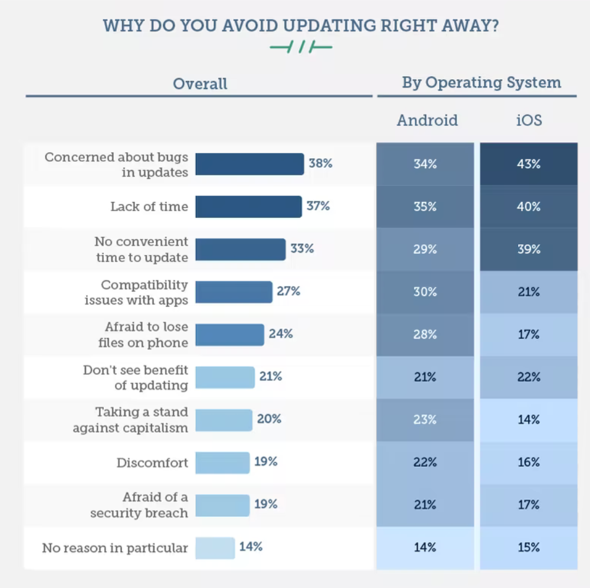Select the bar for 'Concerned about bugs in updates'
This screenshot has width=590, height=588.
point(250,164)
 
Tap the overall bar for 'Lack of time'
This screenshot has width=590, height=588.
point(248,207)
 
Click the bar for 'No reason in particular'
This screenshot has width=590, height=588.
point(215,547)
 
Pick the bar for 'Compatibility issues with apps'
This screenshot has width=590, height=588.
point(234,292)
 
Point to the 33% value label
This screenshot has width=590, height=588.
point(302,249)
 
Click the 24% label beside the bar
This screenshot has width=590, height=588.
point(281,334)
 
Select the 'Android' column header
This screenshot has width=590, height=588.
point(427,120)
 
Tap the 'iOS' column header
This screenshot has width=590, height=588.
point(528,120)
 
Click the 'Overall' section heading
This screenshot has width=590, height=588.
point(200,84)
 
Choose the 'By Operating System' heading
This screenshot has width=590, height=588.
point(481,83)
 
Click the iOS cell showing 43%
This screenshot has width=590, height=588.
point(528,164)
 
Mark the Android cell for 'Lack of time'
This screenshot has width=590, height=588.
point(425,207)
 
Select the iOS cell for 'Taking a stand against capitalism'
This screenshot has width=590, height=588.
point(528,420)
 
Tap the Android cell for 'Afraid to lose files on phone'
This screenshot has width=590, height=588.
point(425,335)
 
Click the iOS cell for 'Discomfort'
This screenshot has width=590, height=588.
point(528,462)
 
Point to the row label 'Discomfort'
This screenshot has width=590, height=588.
point(152,462)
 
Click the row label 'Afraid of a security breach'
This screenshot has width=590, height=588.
point(139,505)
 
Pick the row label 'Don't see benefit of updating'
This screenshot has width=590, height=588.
point(136,377)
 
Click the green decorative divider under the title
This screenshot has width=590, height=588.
point(301,47)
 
